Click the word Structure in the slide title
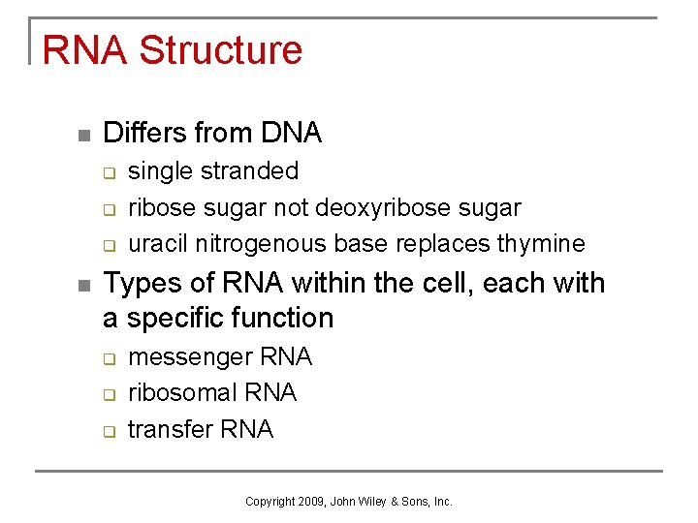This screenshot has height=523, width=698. click(x=220, y=50)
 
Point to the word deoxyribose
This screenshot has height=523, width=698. click(x=372, y=208)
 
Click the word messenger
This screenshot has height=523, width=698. click(x=190, y=357)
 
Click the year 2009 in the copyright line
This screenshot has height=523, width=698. click(x=311, y=502)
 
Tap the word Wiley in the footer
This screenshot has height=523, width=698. click(x=373, y=502)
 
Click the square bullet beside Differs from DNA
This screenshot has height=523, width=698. click(x=84, y=134)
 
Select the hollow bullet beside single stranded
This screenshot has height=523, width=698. click(x=111, y=173)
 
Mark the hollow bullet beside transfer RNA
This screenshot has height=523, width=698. click(x=111, y=430)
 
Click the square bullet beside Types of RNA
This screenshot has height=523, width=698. click(x=84, y=285)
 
